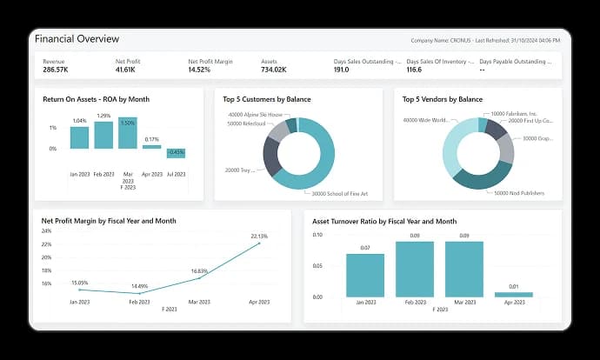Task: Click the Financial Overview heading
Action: tap(77, 39)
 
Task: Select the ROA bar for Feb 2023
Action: tap(103, 135)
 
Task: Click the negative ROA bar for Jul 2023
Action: tap(177, 153)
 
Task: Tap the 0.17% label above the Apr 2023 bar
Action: tap(152, 139)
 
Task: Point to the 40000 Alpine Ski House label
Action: tap(255, 114)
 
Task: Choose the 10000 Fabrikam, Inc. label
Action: tap(514, 114)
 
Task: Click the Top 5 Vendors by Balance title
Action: tap(443, 99)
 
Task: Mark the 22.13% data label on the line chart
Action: tap(259, 236)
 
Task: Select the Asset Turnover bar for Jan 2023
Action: tap(365, 275)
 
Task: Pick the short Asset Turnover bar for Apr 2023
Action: tap(513, 294)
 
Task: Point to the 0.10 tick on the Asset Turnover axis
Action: tap(317, 235)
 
